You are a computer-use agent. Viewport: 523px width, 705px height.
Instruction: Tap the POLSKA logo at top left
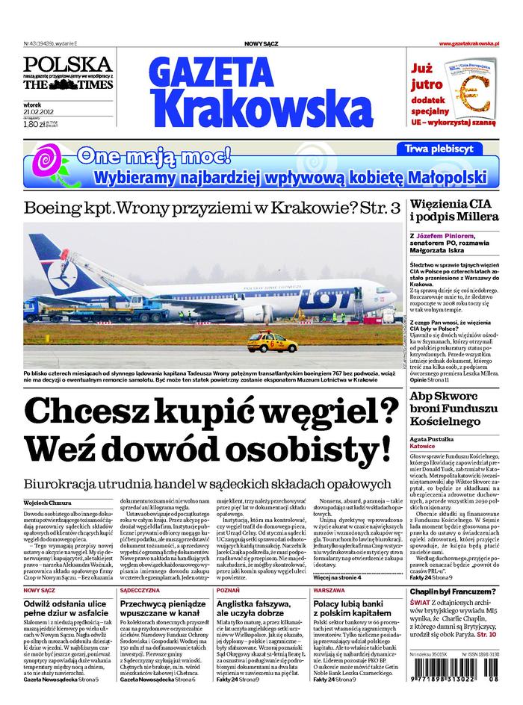click(x=67, y=64)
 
